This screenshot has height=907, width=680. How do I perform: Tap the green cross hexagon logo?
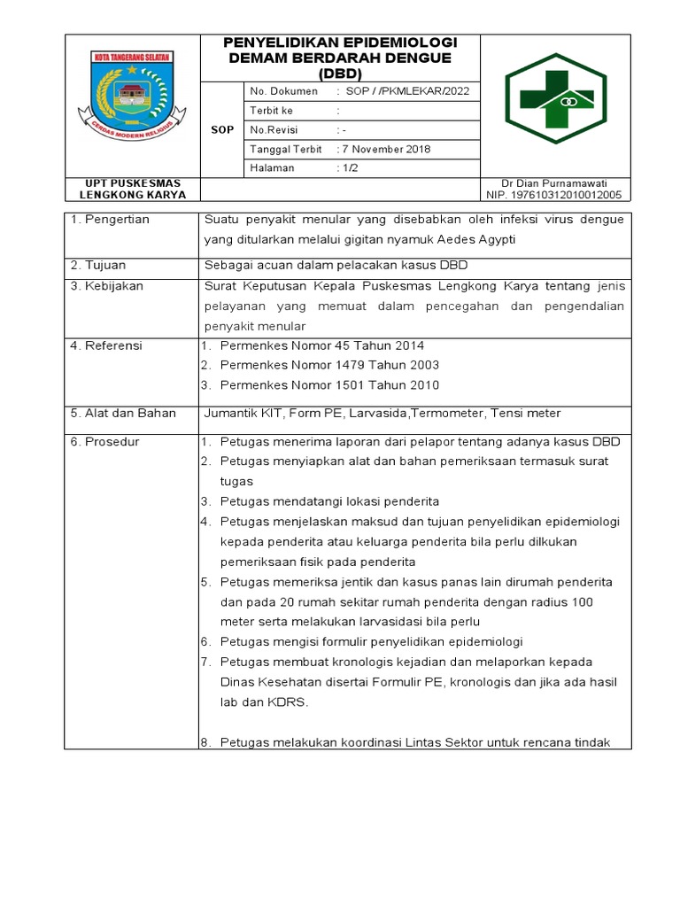point(555,104)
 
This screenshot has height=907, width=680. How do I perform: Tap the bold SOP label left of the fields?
point(222,129)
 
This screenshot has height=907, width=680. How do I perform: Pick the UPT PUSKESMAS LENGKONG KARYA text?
point(132,189)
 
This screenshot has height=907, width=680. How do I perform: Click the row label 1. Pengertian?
point(110,220)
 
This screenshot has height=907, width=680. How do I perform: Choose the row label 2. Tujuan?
point(97,266)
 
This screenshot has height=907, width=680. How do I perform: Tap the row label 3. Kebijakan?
point(106,286)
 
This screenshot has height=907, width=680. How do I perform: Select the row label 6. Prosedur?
point(104,442)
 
